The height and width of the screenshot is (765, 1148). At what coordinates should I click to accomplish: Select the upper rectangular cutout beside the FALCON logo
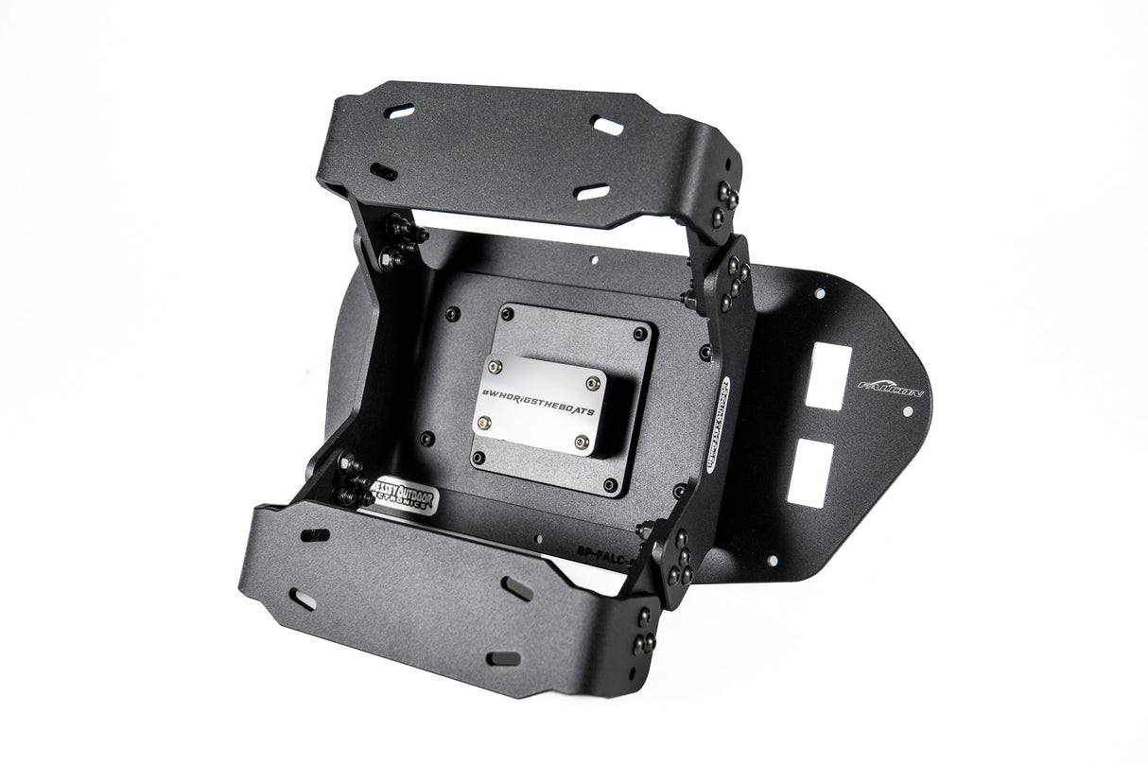tap(826, 375)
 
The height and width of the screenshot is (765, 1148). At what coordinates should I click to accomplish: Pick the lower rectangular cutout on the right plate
tap(815, 469)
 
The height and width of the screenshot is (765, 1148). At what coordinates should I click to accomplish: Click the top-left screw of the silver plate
tap(493, 364)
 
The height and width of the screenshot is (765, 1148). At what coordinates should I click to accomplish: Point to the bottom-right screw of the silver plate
tap(583, 441)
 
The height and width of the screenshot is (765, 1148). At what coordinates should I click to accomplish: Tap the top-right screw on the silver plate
tap(593, 383)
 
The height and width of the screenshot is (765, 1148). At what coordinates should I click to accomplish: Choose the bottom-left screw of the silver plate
tap(484, 423)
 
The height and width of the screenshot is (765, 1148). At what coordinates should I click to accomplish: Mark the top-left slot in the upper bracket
tap(400, 112)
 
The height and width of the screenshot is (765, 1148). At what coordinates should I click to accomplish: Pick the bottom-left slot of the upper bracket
tap(384, 172)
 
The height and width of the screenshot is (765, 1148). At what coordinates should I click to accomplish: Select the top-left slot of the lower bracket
tap(315, 535)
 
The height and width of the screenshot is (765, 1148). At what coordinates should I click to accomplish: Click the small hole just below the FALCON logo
tap(907, 412)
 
